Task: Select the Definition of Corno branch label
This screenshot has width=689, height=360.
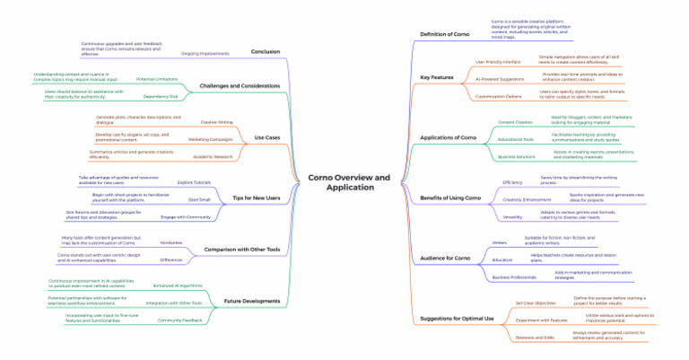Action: (445, 34)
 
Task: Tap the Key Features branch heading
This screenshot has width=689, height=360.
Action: (436, 78)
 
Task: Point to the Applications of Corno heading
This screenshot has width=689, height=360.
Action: (449, 137)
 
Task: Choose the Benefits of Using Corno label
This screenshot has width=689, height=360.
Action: (450, 198)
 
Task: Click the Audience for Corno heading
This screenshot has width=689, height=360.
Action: (445, 259)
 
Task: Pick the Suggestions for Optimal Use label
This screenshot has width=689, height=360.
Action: (457, 319)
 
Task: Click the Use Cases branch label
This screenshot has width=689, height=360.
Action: (267, 137)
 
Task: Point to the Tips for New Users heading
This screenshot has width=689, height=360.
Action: (256, 198)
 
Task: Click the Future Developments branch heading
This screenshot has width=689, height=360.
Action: (252, 301)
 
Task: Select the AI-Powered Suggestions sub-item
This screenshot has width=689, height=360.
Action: (500, 78)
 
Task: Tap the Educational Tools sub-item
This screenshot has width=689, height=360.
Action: (516, 139)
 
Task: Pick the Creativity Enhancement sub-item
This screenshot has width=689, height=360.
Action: (527, 199)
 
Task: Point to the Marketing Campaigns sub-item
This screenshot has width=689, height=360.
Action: (210, 140)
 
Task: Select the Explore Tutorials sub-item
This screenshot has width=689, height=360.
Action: (194, 182)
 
